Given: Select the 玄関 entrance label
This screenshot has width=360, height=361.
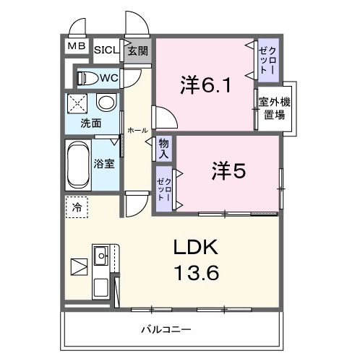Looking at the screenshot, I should pyautogui.click(x=138, y=51).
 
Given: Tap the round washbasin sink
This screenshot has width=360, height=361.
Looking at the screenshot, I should pyautogui.click(x=106, y=103).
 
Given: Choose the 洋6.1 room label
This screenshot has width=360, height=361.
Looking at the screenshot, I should pyautogui.click(x=205, y=86).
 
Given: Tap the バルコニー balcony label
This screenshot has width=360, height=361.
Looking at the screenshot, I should pyautogui.click(x=166, y=329).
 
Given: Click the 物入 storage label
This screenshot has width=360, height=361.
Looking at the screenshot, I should pyautogui.click(x=164, y=149).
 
